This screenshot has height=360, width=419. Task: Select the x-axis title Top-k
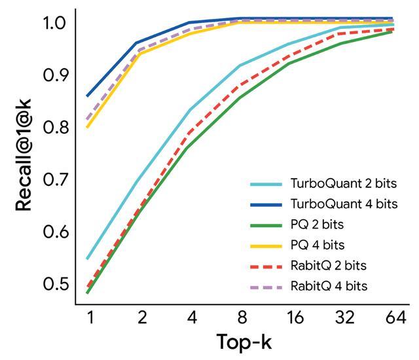click(x=244, y=341)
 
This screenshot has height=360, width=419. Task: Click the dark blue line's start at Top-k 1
click(x=87, y=96)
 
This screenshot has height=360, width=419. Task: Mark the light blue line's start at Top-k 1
click(x=87, y=259)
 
